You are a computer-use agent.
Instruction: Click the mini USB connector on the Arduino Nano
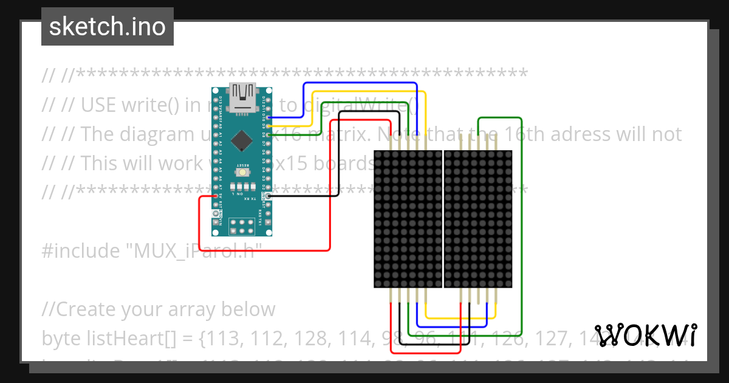coord(243,97)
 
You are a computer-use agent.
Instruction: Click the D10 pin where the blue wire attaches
coord(269,118)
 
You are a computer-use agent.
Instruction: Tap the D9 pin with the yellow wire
coord(269,126)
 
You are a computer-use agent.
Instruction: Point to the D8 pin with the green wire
coord(269,134)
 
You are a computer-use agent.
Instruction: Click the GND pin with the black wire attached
coord(269,196)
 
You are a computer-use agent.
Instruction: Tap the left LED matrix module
coord(408,219)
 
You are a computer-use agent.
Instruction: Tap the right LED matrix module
coord(478,219)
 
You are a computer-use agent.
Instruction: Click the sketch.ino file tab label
coord(108,27)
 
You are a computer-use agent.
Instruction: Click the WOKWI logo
coord(645,335)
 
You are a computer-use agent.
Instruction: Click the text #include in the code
coord(81,250)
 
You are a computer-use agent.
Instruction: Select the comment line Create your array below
coord(159,309)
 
